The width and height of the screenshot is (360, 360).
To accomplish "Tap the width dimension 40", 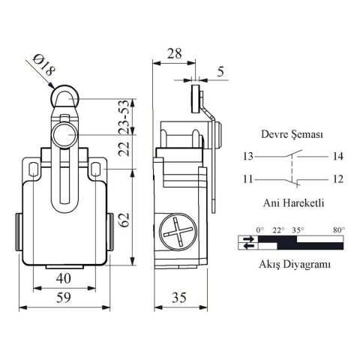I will click(64, 278).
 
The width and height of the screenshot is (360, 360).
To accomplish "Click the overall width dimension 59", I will click(66, 298).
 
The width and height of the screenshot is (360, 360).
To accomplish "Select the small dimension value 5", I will click(219, 72).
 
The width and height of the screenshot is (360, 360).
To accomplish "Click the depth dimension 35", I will click(179, 298).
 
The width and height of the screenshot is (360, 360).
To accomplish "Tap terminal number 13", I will click(247, 157).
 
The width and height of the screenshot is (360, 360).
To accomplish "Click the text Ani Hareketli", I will click(288, 202).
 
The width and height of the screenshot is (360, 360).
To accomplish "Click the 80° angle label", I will click(337, 230).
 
